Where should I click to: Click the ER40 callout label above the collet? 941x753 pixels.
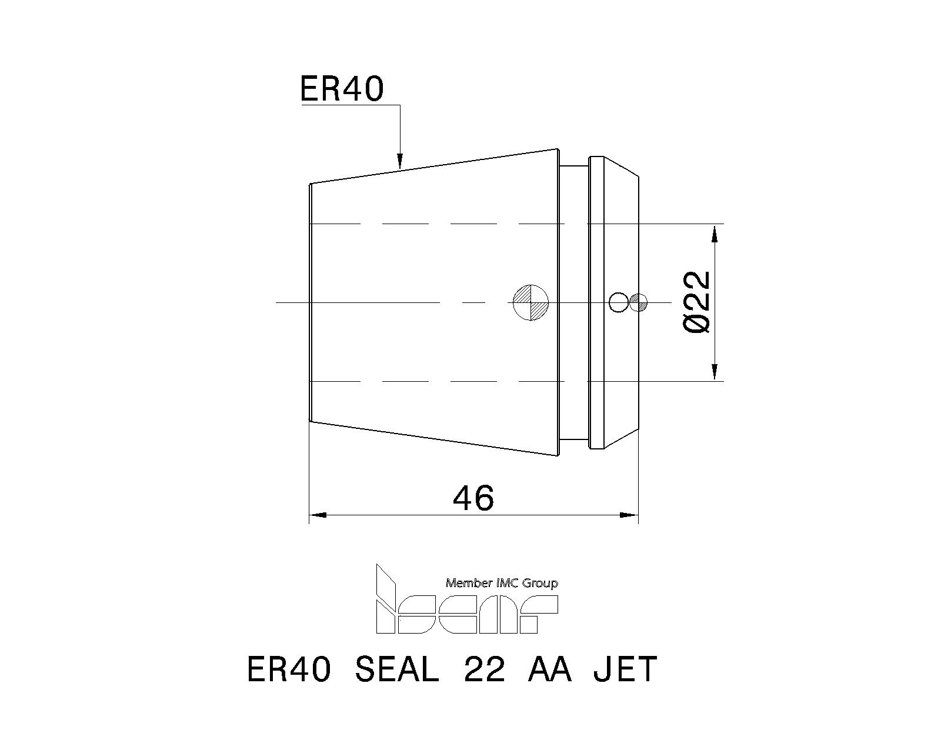click(x=342, y=89)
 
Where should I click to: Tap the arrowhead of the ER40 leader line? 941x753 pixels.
click(x=399, y=161)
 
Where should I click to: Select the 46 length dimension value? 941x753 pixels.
click(x=473, y=498)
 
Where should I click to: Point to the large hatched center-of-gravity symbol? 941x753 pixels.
click(x=530, y=302)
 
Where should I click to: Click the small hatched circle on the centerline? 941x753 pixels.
click(x=638, y=302)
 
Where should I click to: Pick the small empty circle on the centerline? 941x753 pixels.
click(x=618, y=302)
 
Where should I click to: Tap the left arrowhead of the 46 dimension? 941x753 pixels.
click(x=318, y=515)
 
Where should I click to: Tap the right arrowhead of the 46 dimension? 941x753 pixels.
click(x=630, y=515)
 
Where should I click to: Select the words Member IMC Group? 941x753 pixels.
click(x=502, y=583)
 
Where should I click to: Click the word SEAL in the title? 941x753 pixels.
click(x=396, y=669)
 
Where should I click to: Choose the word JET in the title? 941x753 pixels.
click(x=625, y=669)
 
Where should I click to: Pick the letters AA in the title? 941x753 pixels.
click(x=550, y=669)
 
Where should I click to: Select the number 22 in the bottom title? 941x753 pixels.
click(x=484, y=669)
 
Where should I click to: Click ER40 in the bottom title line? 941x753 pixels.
click(x=289, y=669)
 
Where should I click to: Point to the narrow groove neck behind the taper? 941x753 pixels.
click(x=574, y=302)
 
